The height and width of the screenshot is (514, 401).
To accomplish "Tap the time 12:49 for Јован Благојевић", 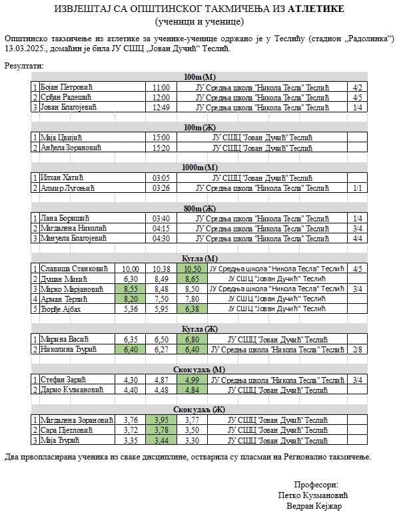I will [161, 107].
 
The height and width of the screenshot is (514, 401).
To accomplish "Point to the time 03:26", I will [161, 188].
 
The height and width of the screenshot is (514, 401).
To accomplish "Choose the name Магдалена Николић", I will [73, 228].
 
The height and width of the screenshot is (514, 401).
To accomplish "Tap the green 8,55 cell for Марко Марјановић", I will [131, 289].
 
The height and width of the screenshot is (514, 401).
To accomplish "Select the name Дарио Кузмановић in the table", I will [72, 390].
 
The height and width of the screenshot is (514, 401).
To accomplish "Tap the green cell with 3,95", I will [160, 420].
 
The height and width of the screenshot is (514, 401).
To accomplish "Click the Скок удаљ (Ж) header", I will [199, 409].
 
